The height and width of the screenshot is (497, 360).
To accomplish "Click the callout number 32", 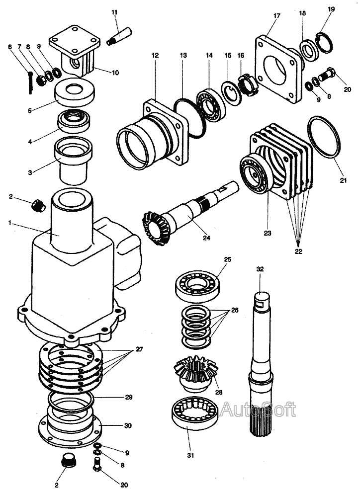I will [x=260, y=269].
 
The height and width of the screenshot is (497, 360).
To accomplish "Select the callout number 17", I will [x=277, y=16].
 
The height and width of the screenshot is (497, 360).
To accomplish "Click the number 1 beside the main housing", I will [x=9, y=223].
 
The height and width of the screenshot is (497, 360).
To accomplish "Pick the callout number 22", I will [x=298, y=251].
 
